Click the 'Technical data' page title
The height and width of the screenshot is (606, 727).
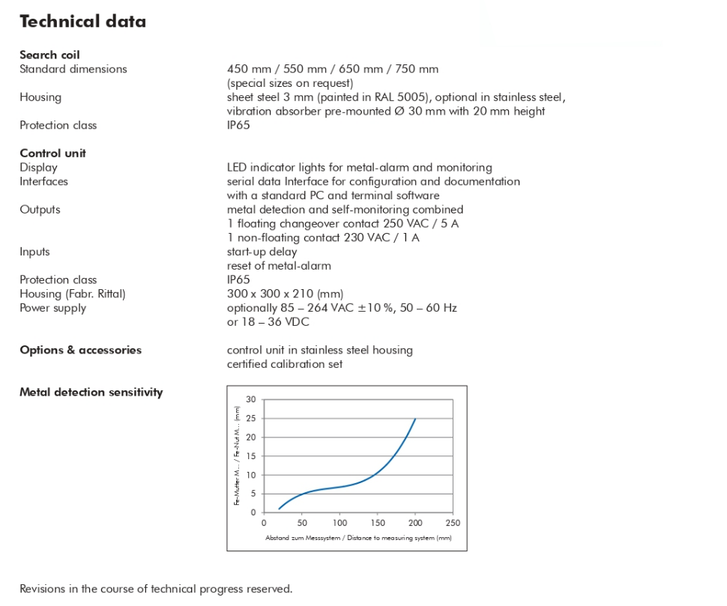coord(82,21)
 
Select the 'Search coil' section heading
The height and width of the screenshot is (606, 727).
coord(49,55)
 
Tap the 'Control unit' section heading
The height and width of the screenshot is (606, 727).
coord(52,153)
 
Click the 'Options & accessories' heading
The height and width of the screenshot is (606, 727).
coord(80,350)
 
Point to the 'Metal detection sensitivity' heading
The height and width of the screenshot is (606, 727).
coord(91,392)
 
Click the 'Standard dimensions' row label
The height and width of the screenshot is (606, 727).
coord(73,69)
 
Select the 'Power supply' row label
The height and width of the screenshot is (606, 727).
coord(52,308)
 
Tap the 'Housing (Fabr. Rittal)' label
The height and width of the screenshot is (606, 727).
coord(73,294)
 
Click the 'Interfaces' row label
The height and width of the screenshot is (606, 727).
coord(43,181)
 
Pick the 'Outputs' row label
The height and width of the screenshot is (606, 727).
coord(40,210)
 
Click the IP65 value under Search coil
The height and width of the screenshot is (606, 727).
coord(238,125)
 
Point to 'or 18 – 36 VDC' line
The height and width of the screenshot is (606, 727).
coord(268,322)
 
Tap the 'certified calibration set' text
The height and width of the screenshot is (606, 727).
coord(285,364)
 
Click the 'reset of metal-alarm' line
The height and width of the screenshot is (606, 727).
coord(279,266)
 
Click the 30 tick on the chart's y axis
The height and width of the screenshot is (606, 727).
coord(250,399)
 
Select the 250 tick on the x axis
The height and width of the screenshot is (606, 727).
coord(453,523)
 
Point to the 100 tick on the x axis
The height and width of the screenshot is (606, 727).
coord(340,523)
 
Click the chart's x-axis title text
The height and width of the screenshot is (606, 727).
coord(358,538)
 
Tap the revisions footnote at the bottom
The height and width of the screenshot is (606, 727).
coord(156,589)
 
